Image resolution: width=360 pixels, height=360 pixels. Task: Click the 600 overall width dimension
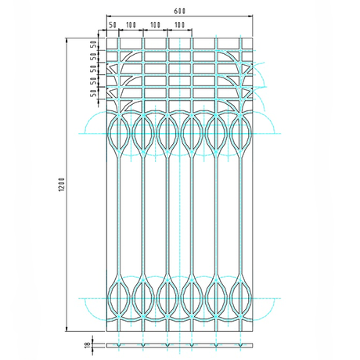point(180,9)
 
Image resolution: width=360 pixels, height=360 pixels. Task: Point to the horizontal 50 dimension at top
point(113,26)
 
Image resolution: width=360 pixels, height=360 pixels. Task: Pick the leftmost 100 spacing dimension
point(131,26)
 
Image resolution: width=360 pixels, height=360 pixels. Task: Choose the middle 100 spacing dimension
point(155,26)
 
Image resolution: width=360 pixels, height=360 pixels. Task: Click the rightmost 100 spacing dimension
point(180,26)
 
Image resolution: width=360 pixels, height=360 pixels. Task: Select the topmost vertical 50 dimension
point(94,44)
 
